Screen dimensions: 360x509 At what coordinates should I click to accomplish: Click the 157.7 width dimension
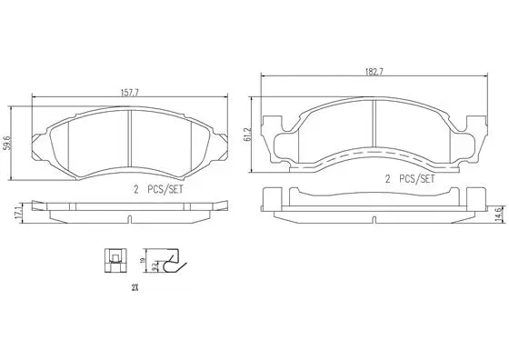130,91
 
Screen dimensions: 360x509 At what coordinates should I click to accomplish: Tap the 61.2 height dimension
246,135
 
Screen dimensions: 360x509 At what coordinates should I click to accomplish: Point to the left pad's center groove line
130,136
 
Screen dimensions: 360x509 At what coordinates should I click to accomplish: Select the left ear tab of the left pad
37,138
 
